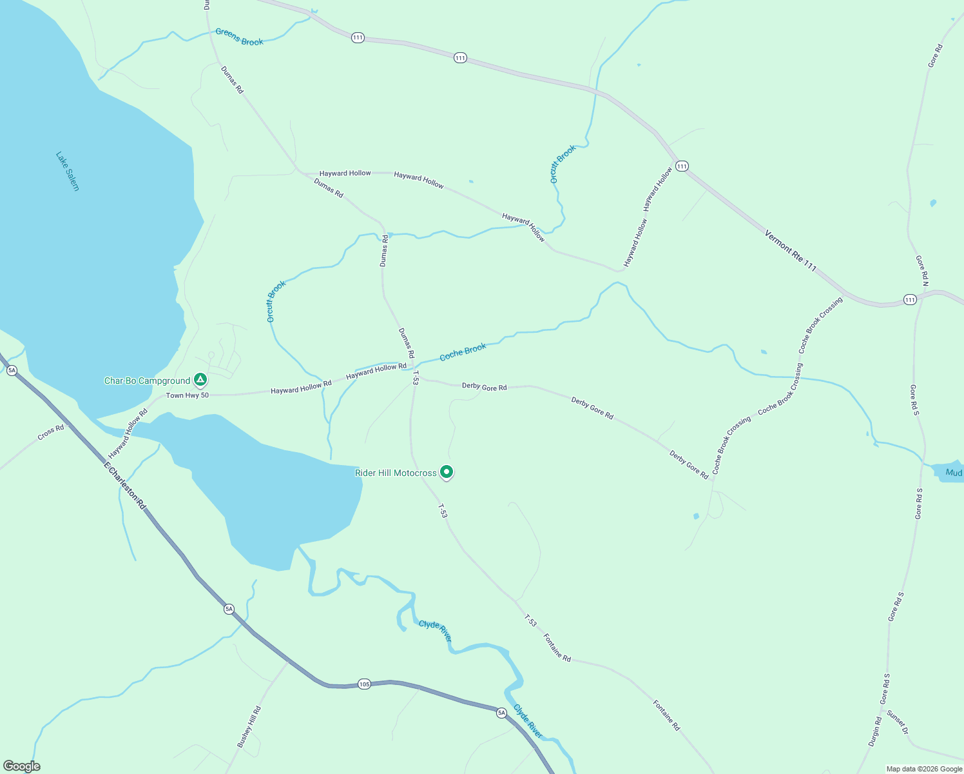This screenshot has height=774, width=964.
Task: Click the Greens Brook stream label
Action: [x=239, y=37]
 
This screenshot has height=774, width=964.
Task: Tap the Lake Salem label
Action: [x=67, y=171]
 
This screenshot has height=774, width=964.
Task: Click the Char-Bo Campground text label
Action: [x=147, y=381]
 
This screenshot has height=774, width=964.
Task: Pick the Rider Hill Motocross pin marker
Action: [x=446, y=472]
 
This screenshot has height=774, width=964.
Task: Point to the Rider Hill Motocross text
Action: [x=396, y=473]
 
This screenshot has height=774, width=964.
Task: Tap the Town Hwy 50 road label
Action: [x=188, y=395]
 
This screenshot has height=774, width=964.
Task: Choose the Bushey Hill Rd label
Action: [x=249, y=727]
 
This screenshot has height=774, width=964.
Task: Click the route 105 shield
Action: [x=364, y=684]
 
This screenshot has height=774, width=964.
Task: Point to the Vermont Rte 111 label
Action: [x=791, y=251]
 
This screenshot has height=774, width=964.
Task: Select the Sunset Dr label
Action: [x=897, y=722]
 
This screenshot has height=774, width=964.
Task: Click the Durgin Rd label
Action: [x=874, y=732]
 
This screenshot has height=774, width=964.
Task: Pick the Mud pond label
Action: [x=954, y=473]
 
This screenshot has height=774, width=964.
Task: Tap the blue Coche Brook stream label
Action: [x=463, y=352]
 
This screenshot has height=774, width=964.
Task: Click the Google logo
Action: [x=22, y=766]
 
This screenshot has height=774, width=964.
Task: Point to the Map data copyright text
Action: [x=924, y=769]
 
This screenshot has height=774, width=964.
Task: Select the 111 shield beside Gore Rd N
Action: [x=909, y=299]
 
